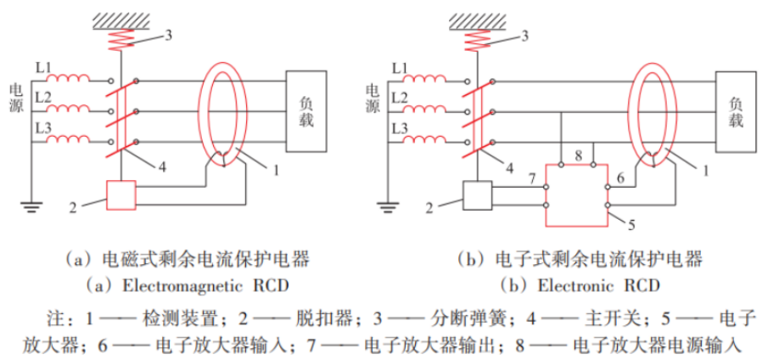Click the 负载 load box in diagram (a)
point(306,110)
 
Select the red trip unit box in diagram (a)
point(120,196)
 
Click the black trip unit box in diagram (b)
point(478,196)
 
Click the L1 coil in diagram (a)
point(70,82)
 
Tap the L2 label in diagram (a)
point(43,99)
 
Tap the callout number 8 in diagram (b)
point(577,155)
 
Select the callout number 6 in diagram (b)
point(620,178)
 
